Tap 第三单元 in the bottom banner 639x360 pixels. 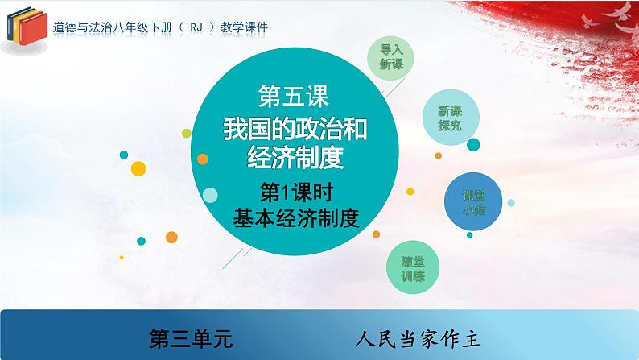192,337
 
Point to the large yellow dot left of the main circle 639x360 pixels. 138,168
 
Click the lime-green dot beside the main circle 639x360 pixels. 188,131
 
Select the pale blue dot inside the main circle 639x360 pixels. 211,195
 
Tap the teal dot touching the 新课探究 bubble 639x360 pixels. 473,145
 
